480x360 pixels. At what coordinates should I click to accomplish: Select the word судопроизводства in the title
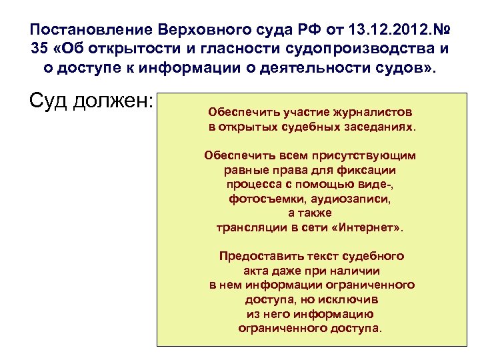363,49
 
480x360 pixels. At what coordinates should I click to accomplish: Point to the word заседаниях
375,126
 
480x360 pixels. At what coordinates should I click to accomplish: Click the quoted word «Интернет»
366,227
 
